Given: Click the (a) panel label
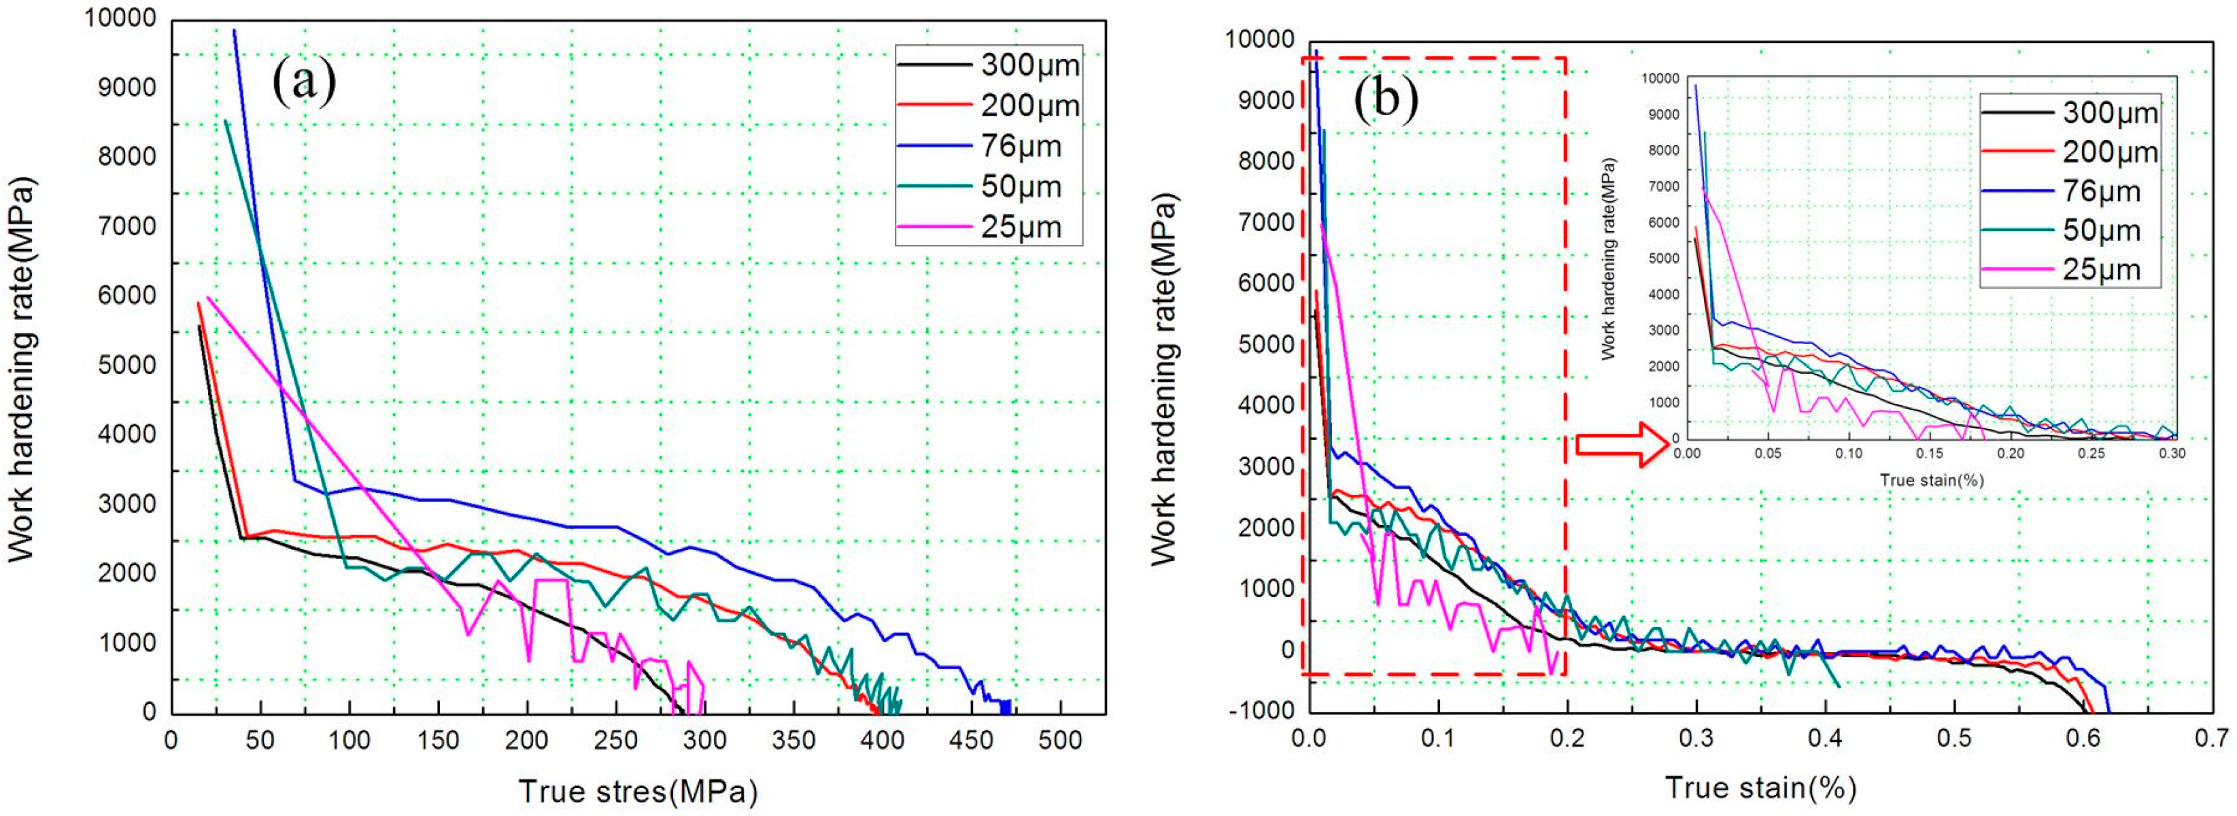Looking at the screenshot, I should [304, 82].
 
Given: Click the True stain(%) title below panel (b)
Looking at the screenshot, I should [1761, 788].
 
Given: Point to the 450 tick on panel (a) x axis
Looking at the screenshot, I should [970, 741].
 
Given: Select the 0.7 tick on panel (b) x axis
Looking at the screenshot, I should [2211, 738].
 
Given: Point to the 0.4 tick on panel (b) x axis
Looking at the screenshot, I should [1824, 738].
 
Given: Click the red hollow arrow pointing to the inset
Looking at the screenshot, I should [1620, 445].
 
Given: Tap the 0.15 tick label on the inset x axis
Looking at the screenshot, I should [1930, 453].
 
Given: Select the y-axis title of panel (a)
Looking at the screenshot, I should [21, 369].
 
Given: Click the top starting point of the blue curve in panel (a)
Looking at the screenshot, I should [234, 31].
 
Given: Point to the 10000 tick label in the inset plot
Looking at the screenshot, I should [1660, 78].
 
